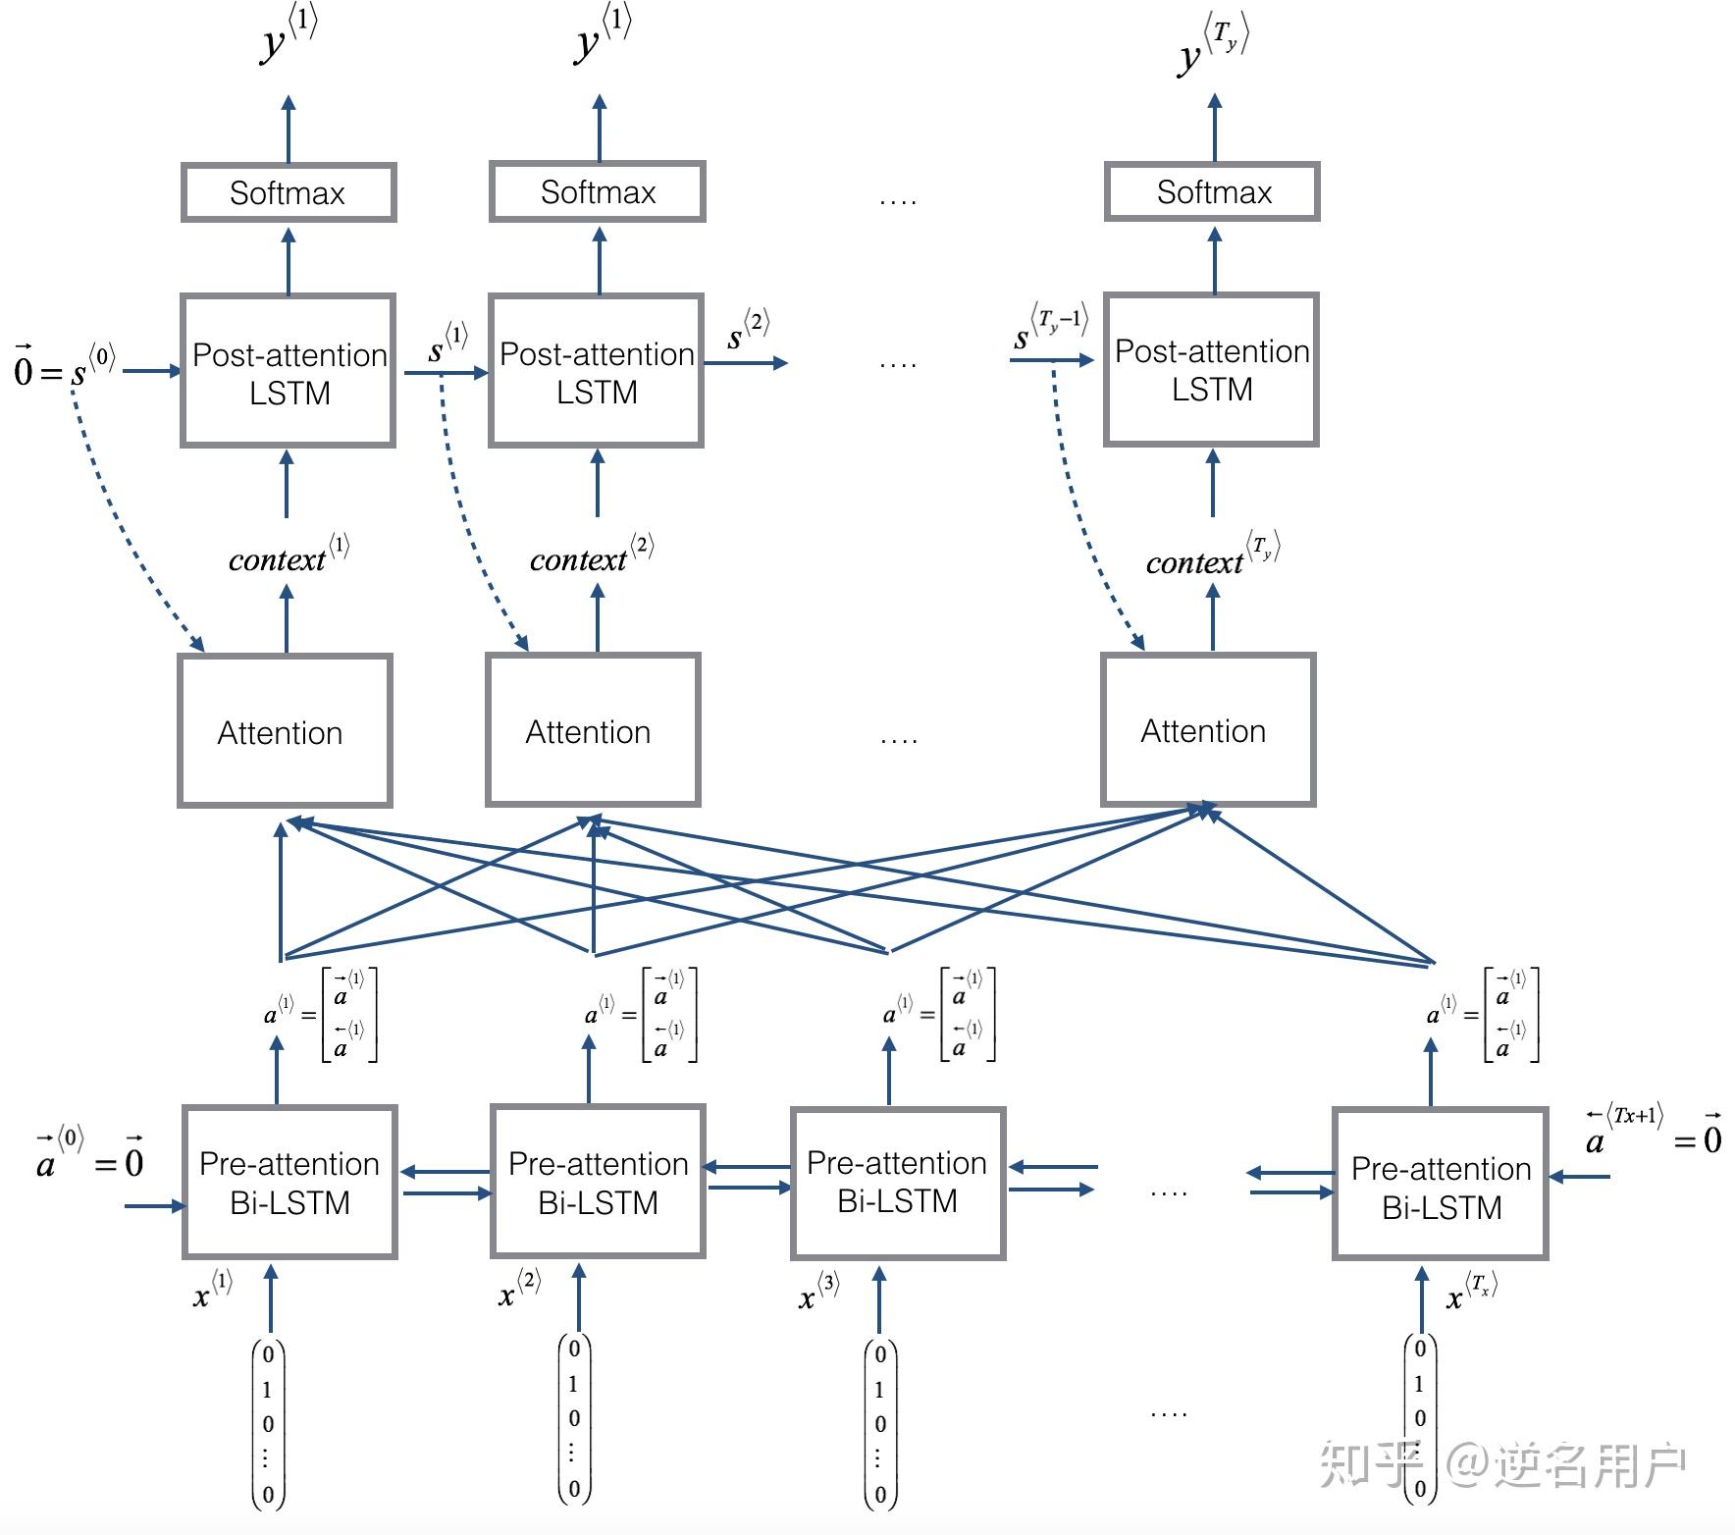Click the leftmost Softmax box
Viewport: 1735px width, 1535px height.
pyautogui.click(x=289, y=192)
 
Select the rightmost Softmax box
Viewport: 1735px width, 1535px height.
pyautogui.click(x=1212, y=191)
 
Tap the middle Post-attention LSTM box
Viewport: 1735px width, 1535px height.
pyautogui.click(x=597, y=371)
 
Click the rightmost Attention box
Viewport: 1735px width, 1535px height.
pyautogui.click(x=1207, y=730)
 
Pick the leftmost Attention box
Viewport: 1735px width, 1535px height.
pyautogui.click(x=285, y=731)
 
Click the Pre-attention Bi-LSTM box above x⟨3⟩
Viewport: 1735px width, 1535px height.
pyautogui.click(x=897, y=1183)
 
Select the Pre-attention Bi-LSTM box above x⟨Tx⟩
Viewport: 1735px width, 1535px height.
pyautogui.click(x=1440, y=1185)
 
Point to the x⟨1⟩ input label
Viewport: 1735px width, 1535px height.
pyautogui.click(x=212, y=1290)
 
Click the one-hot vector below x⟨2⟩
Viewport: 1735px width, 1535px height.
pyautogui.click(x=574, y=1418)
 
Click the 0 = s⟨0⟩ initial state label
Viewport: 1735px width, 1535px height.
pyautogui.click(x=64, y=365)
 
